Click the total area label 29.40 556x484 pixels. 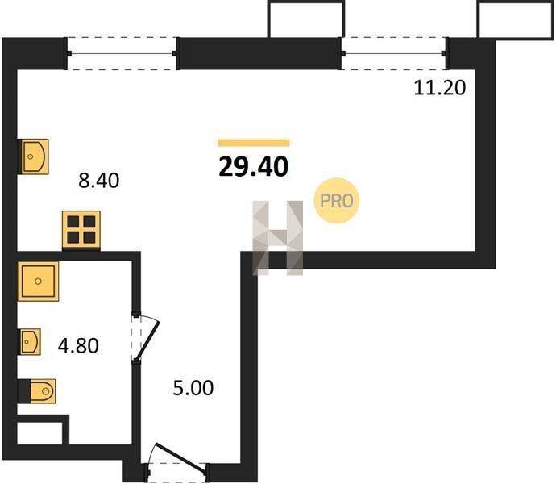(254, 167)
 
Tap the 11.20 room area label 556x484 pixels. (439, 88)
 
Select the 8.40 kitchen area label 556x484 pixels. (98, 181)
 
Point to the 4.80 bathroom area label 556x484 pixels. (78, 345)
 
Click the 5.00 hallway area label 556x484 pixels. (193, 388)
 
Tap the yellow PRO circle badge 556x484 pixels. (337, 201)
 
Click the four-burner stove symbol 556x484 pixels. (81, 230)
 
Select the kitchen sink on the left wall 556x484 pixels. (34, 156)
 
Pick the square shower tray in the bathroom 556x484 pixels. (38, 282)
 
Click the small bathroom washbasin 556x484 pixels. (30, 341)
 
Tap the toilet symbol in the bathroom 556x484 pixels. (38, 391)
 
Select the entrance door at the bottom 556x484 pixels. (177, 461)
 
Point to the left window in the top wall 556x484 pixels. (122, 53)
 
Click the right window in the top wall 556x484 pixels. (393, 53)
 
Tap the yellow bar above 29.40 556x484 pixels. (254, 143)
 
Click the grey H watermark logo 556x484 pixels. (278, 238)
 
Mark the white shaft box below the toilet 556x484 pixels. (39, 433)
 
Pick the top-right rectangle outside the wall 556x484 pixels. (516, 19)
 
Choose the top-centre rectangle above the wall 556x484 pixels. (305, 19)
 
